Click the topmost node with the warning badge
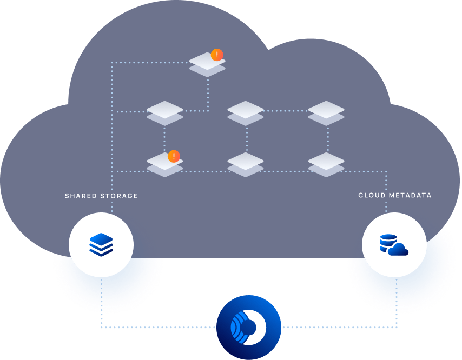pyautogui.click(x=207, y=64)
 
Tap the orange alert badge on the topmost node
pyautogui.click(x=217, y=55)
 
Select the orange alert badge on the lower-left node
pyautogui.click(x=174, y=157)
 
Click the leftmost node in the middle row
pyautogui.click(x=164, y=112)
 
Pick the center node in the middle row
pyautogui.click(x=246, y=112)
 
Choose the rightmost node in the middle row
pyautogui.click(x=326, y=112)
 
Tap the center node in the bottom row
pyautogui.click(x=246, y=164)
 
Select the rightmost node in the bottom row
pyautogui.click(x=326, y=164)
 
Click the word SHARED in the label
pyautogui.click(x=80, y=196)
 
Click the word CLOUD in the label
pyautogui.click(x=372, y=195)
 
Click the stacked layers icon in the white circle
pyautogui.click(x=101, y=245)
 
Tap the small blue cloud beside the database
pyautogui.click(x=399, y=249)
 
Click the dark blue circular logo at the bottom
pyautogui.click(x=249, y=327)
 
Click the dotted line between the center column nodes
pyautogui.click(x=246, y=139)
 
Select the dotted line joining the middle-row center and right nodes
pyautogui.click(x=286, y=111)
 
